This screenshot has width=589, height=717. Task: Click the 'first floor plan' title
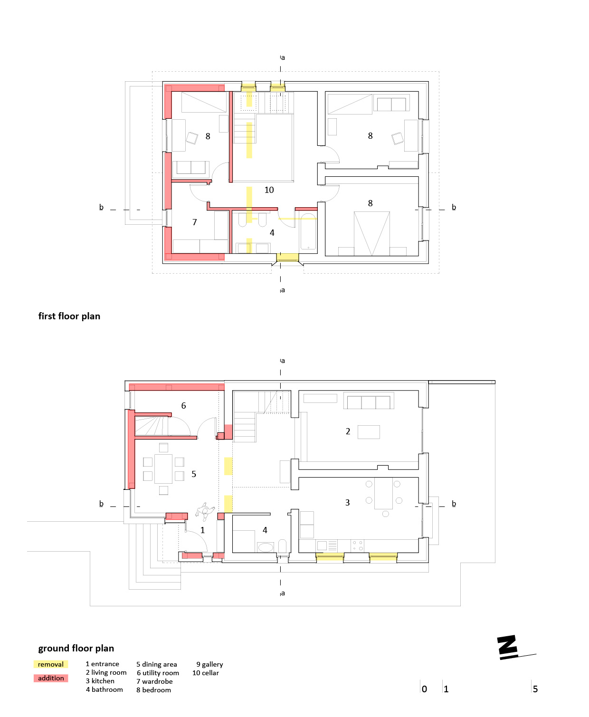click(69, 316)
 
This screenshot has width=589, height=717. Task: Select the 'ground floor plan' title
click(76, 648)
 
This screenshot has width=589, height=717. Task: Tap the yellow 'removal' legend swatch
click(51, 664)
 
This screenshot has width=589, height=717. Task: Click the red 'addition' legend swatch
click(51, 678)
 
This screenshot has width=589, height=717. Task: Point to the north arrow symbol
click(513, 648)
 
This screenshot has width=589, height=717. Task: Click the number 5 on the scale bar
click(535, 689)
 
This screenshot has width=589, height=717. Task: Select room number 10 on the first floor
click(269, 190)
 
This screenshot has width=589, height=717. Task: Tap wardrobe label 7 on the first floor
click(194, 222)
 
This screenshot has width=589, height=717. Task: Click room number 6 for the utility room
click(183, 405)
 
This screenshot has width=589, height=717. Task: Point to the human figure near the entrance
click(205, 511)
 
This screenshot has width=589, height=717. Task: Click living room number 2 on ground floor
click(348, 431)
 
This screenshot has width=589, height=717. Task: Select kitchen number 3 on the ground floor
click(347, 502)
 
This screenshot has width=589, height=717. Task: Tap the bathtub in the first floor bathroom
click(308, 232)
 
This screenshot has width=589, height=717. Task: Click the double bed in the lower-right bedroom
click(371, 234)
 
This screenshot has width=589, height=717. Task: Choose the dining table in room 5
click(163, 468)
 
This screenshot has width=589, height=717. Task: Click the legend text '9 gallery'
click(209, 664)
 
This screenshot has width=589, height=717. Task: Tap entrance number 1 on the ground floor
click(202, 530)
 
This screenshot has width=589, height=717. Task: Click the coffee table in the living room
click(369, 432)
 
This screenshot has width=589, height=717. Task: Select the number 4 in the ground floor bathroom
click(265, 530)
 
